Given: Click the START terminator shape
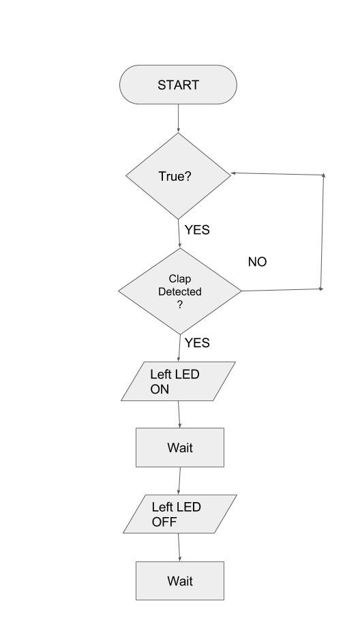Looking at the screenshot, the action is tap(178, 85).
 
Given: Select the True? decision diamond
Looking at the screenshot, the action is tap(178, 176).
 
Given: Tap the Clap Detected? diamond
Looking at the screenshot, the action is tap(180, 291).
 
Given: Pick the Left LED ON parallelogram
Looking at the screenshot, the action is tap(178, 381).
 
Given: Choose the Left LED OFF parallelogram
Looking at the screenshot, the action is tap(180, 514).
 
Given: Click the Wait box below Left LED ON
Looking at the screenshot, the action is tap(180, 448).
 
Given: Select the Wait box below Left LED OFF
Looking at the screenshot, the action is tap(180, 581).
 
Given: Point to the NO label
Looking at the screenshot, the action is tap(257, 262).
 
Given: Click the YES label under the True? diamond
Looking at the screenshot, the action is tap(197, 230).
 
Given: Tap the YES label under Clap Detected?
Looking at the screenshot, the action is tap(197, 342).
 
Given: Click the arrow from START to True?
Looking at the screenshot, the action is tap(178, 118).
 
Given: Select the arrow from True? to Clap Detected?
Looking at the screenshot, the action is tap(179, 233).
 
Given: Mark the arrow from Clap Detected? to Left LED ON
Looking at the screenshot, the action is tap(179, 348).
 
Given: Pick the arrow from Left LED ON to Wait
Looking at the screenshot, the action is tap(179, 414).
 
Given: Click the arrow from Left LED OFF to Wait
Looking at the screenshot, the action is tap(179, 548).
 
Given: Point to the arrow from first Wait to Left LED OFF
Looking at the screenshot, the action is tap(179, 480).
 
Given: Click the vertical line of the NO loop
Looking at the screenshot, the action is tap(322, 232).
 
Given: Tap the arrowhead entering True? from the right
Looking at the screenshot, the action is tap(233, 173).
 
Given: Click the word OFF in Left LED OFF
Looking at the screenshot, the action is tap(164, 522).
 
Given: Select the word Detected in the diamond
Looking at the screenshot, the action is tap(180, 291).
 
